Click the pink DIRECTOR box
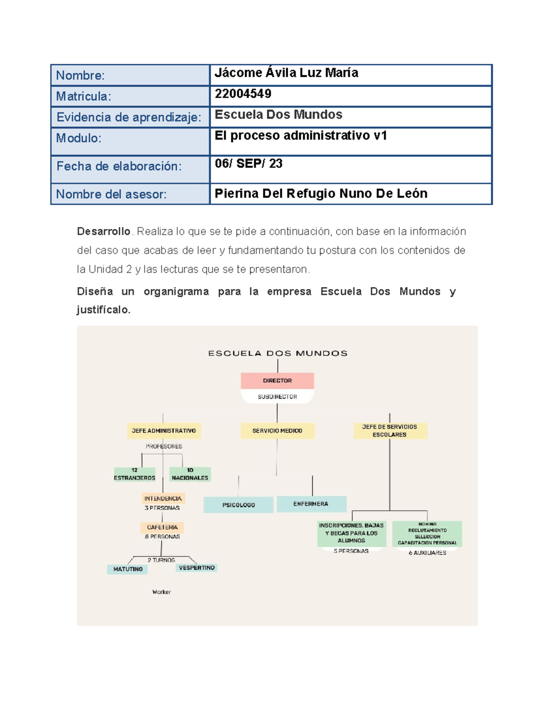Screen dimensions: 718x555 [x=277, y=380]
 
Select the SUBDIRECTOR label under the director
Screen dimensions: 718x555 [x=277, y=397]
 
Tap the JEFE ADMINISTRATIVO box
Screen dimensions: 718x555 [x=164, y=430]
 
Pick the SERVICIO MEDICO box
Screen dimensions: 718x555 [x=277, y=430]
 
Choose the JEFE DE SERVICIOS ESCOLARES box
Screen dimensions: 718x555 [x=389, y=430]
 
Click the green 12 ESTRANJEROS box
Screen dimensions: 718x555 [x=134, y=474]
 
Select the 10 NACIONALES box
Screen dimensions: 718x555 [x=190, y=474]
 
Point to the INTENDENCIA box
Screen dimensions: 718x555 [x=163, y=498]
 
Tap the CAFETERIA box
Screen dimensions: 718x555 [x=162, y=527]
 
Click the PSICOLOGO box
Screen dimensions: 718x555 [x=238, y=505]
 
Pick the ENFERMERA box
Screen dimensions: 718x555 [x=311, y=504]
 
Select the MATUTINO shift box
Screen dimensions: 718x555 [x=128, y=569]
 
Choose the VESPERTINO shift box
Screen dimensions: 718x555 [x=197, y=568]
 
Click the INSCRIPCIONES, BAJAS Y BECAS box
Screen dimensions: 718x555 [x=351, y=533]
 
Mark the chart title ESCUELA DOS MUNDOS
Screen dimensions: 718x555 [x=277, y=353]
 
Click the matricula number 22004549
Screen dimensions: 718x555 [x=243, y=94]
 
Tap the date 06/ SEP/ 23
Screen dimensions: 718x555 [x=248, y=164]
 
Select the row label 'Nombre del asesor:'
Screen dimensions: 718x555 [x=111, y=194]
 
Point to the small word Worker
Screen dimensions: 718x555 [x=161, y=592]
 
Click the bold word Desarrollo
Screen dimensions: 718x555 [x=104, y=231]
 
